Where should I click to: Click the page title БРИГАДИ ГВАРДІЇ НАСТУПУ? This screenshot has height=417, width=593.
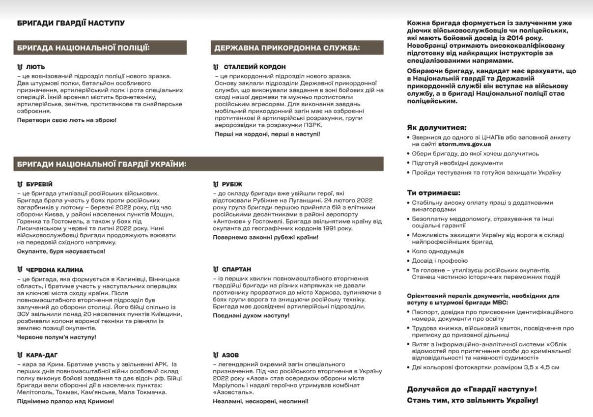(71, 23)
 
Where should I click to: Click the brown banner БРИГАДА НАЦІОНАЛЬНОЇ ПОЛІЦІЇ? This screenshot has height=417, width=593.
(83, 48)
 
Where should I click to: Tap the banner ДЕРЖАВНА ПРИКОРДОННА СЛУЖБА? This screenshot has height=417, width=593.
(287, 48)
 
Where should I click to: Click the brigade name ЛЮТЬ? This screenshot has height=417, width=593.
(35, 67)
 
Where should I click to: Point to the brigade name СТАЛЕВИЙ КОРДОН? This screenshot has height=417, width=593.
(254, 67)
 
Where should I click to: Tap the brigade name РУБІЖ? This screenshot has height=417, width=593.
(232, 184)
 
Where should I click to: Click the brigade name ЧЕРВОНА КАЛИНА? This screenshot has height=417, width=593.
(55, 270)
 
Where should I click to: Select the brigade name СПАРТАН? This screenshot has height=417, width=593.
(236, 269)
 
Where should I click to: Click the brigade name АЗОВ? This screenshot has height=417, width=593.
(230, 355)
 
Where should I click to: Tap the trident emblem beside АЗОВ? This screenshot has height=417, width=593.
(216, 355)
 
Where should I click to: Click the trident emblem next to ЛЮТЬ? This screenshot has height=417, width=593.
(20, 67)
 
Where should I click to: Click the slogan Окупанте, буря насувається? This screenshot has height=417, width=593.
(61, 251)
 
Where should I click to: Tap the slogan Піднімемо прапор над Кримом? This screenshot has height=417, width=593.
(65, 401)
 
